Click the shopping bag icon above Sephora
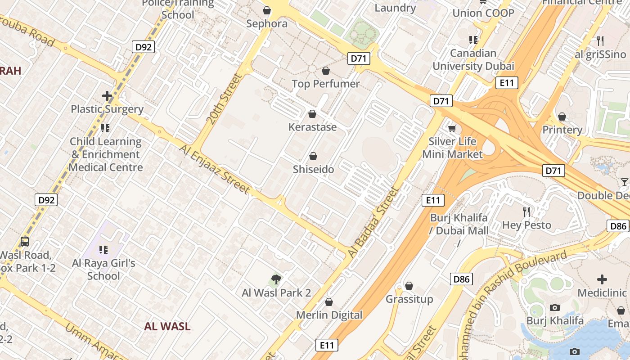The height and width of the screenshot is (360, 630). click(267, 10)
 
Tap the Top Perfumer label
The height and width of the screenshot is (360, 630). click(325, 84)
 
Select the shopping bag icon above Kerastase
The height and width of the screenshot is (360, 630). click(312, 114)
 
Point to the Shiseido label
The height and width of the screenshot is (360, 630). click(313, 169)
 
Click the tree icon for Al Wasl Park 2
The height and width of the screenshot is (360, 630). click(276, 279)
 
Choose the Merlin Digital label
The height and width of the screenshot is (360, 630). click(329, 315)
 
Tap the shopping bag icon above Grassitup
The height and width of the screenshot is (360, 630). click(409, 286)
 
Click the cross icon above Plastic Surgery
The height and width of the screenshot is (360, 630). click(107, 96)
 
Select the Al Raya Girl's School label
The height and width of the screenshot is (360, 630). click(103, 269)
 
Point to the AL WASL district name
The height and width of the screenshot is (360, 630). click(167, 327)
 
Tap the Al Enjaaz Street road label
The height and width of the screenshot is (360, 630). click(215, 168)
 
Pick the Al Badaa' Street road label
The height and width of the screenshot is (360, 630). click(373, 222)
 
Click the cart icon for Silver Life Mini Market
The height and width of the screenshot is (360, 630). click(452, 128)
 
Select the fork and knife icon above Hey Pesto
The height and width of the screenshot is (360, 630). click(526, 211)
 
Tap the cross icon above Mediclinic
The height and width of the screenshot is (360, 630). click(602, 279)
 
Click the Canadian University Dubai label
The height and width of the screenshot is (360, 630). click(473, 59)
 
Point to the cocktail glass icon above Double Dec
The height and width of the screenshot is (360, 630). click(624, 182)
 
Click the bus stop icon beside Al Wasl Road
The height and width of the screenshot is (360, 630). click(25, 242)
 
